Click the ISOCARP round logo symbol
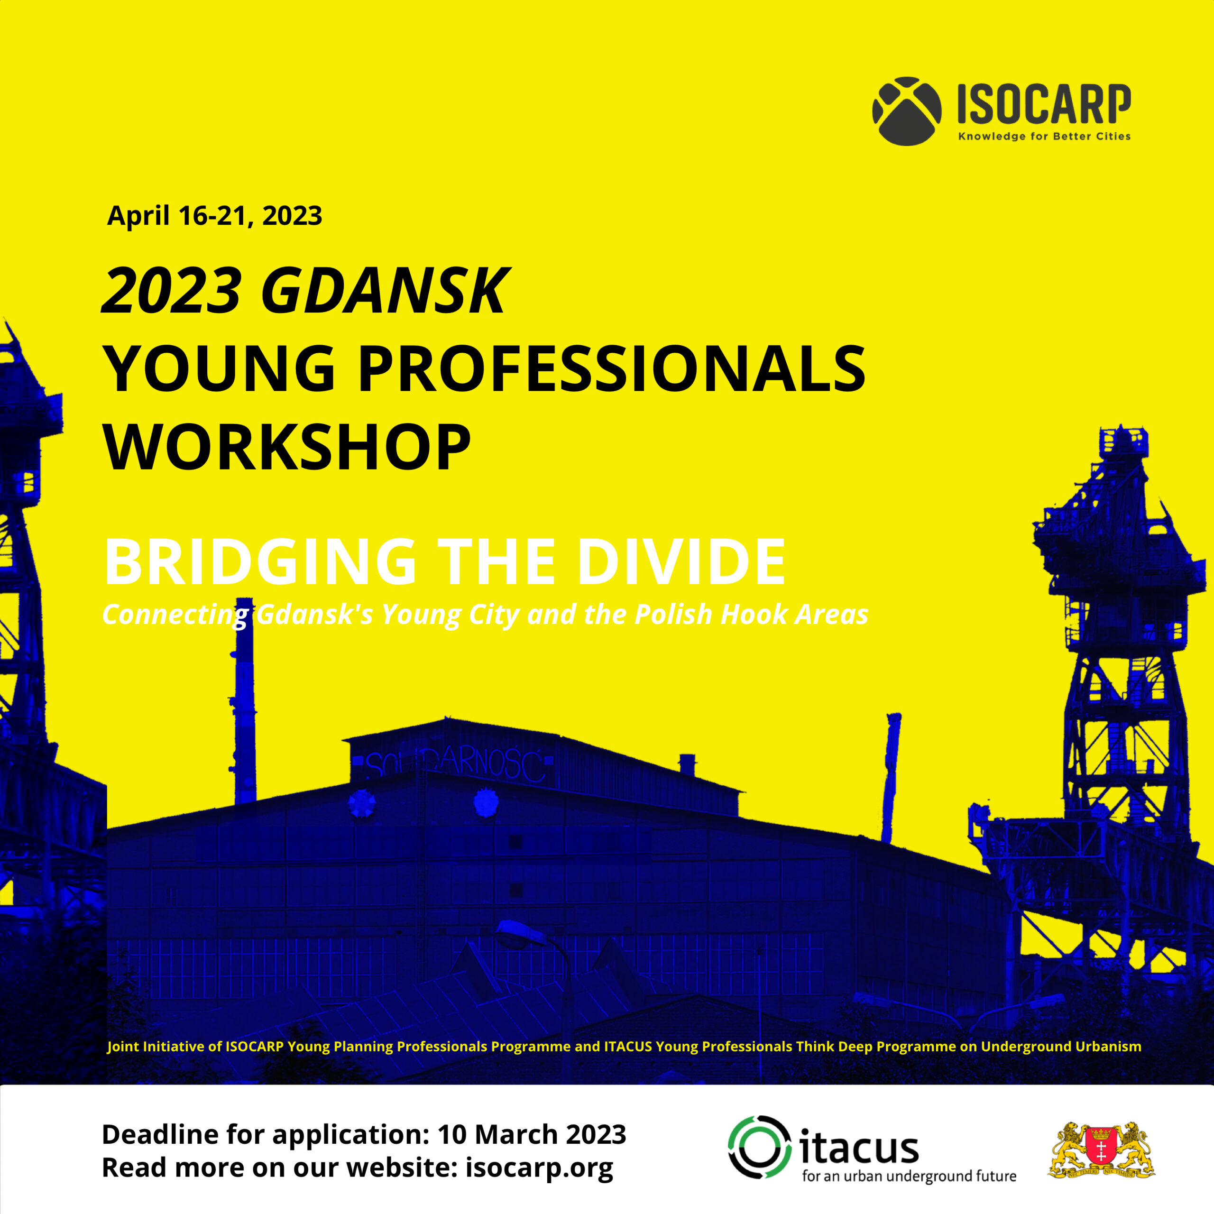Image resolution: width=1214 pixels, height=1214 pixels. click(x=907, y=111)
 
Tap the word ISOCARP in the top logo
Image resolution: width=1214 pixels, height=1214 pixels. click(x=1044, y=104)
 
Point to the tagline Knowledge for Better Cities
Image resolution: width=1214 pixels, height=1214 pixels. click(x=1044, y=137)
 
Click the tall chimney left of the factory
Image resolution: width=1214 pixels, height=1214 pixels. click(x=244, y=700)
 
